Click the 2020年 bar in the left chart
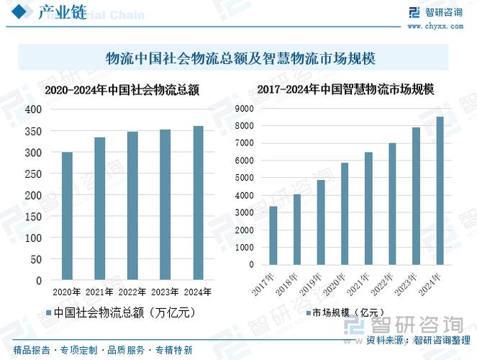click(x=67, y=215)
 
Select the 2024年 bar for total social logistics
click(x=198, y=202)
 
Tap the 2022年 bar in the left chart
click(x=132, y=205)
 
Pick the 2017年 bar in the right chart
click(x=273, y=235)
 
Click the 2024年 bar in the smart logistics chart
click(x=439, y=191)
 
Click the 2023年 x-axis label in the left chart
click(x=165, y=292)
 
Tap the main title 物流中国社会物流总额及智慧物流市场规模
click(x=237, y=58)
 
